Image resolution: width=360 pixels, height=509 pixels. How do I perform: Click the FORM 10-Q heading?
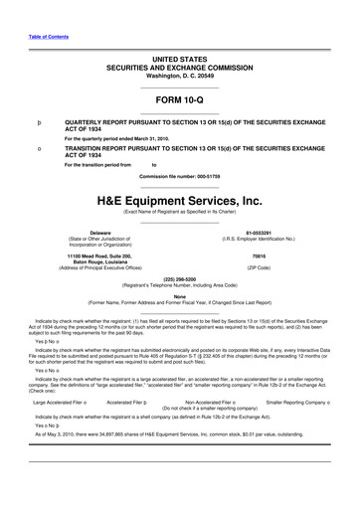(179, 100)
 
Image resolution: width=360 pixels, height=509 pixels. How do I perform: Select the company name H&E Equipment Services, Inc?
(179, 199)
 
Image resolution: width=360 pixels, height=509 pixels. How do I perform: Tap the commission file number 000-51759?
(179, 176)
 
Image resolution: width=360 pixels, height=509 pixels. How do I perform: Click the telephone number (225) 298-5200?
(179, 279)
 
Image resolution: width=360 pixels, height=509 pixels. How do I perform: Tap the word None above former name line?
(179, 294)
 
